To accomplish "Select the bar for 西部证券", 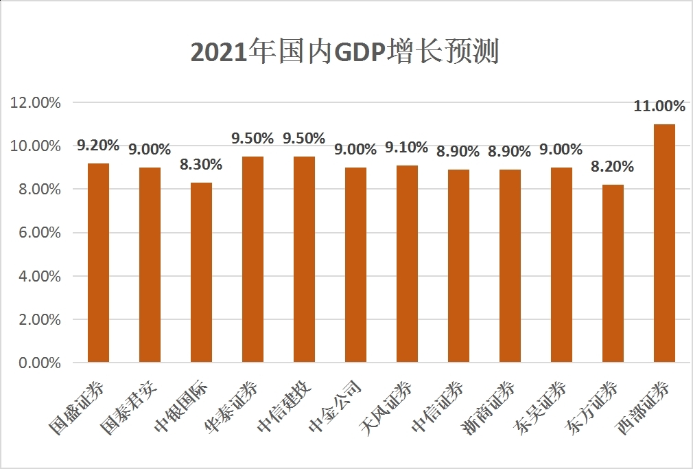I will [664, 243].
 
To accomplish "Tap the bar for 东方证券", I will [613, 273].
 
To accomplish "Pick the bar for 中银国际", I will [201, 272].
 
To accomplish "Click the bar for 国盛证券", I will [98, 262].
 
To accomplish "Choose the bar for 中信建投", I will [304, 259].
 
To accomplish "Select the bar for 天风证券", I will [407, 264].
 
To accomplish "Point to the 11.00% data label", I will [659, 106].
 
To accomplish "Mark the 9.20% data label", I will [98, 145].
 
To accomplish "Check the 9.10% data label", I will [407, 147].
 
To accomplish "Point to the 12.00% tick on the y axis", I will [36, 102].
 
